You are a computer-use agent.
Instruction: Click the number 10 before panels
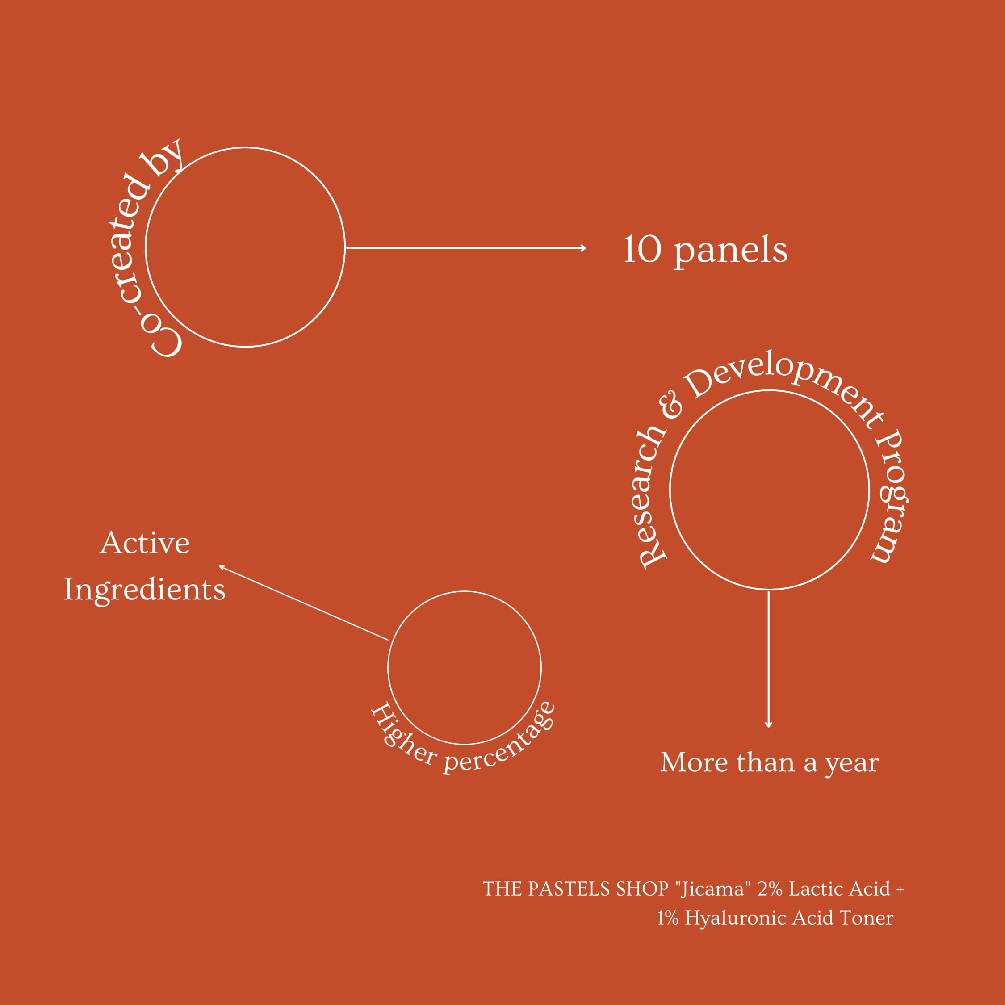point(642,250)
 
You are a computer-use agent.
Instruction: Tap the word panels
point(731,252)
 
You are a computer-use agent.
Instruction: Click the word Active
point(145,543)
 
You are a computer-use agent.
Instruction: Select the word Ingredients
point(145,590)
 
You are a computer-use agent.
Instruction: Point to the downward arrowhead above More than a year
point(768,724)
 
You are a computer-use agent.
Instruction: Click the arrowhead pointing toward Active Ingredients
point(222,568)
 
